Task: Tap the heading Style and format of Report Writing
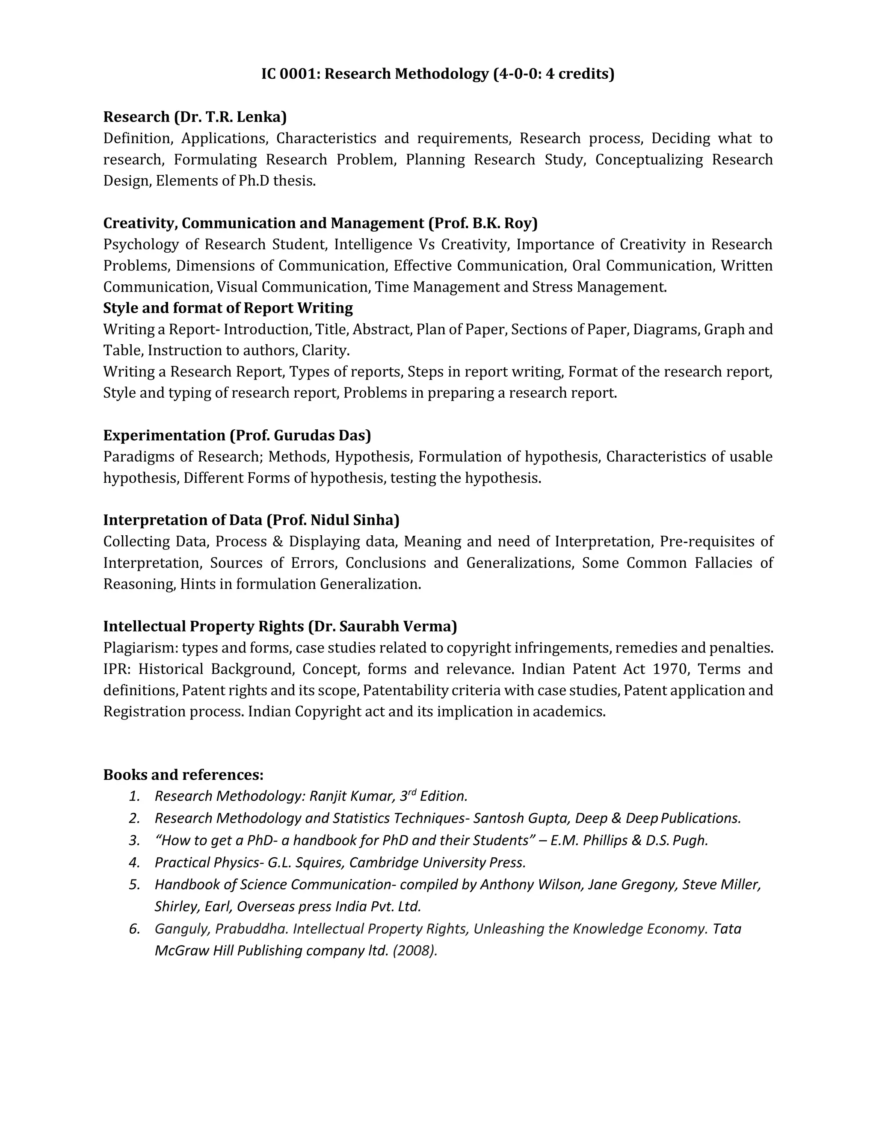point(228,308)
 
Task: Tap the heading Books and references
point(183,775)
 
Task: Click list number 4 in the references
point(134,863)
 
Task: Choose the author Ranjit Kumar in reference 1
point(353,797)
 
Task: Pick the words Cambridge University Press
point(437,863)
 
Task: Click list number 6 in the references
point(134,929)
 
